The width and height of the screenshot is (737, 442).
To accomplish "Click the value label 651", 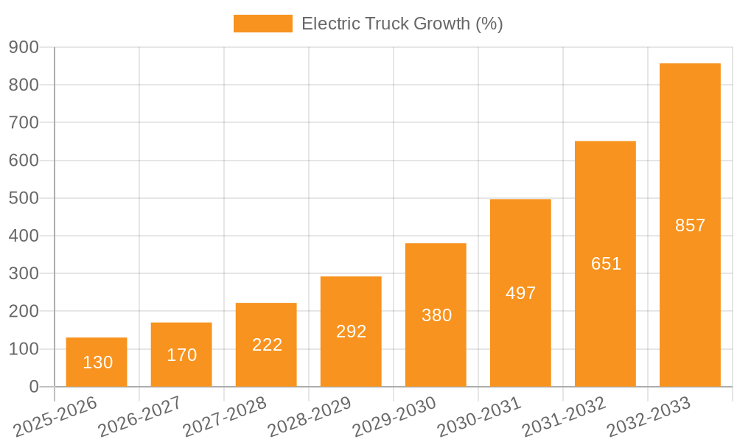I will pyautogui.click(x=606, y=264).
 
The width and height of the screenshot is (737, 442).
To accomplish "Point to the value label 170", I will pyautogui.click(x=181, y=355).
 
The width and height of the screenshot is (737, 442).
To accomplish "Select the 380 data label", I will pyautogui.click(x=436, y=315).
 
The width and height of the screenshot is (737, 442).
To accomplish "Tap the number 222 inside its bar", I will pyautogui.click(x=267, y=345).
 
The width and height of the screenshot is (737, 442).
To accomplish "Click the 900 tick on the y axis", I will pyautogui.click(x=24, y=47).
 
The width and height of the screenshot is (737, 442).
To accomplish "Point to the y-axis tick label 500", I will pyautogui.click(x=24, y=198).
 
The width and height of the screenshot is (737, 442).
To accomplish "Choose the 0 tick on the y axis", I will pyautogui.click(x=33, y=387).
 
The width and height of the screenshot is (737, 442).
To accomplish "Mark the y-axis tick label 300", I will pyautogui.click(x=24, y=273).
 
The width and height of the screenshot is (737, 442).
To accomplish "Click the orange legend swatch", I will pyautogui.click(x=262, y=24).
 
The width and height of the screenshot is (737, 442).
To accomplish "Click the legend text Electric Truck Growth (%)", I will pyautogui.click(x=402, y=24).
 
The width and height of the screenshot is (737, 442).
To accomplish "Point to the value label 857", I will pyautogui.click(x=691, y=225).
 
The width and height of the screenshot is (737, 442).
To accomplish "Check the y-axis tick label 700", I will pyautogui.click(x=24, y=122).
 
